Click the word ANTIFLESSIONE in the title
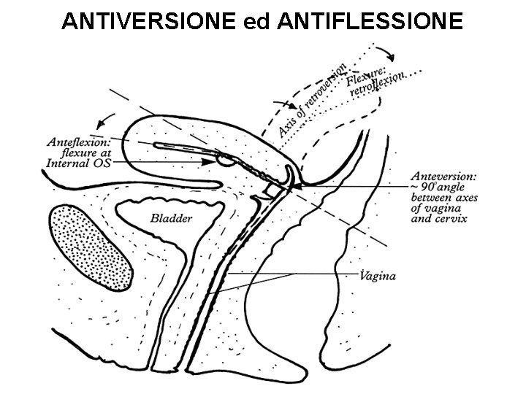pyautogui.click(x=370, y=22)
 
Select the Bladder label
pyautogui.click(x=171, y=217)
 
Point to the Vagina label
pyautogui.click(x=378, y=276)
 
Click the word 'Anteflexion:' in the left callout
pyautogui.click(x=77, y=142)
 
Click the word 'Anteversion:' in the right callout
pyautogui.click(x=443, y=176)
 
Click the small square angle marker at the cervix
pyautogui.click(x=271, y=190)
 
